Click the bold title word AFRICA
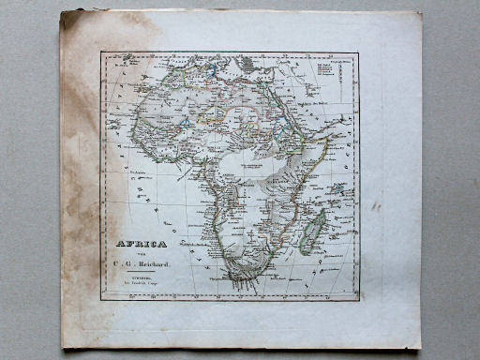click(142, 245)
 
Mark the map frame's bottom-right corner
click(359, 300)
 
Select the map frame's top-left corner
click(102, 52)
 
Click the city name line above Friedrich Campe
click(141, 277)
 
